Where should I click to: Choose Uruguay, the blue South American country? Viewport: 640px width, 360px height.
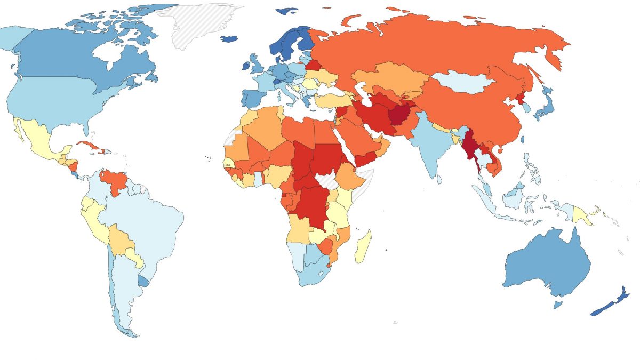143,281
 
